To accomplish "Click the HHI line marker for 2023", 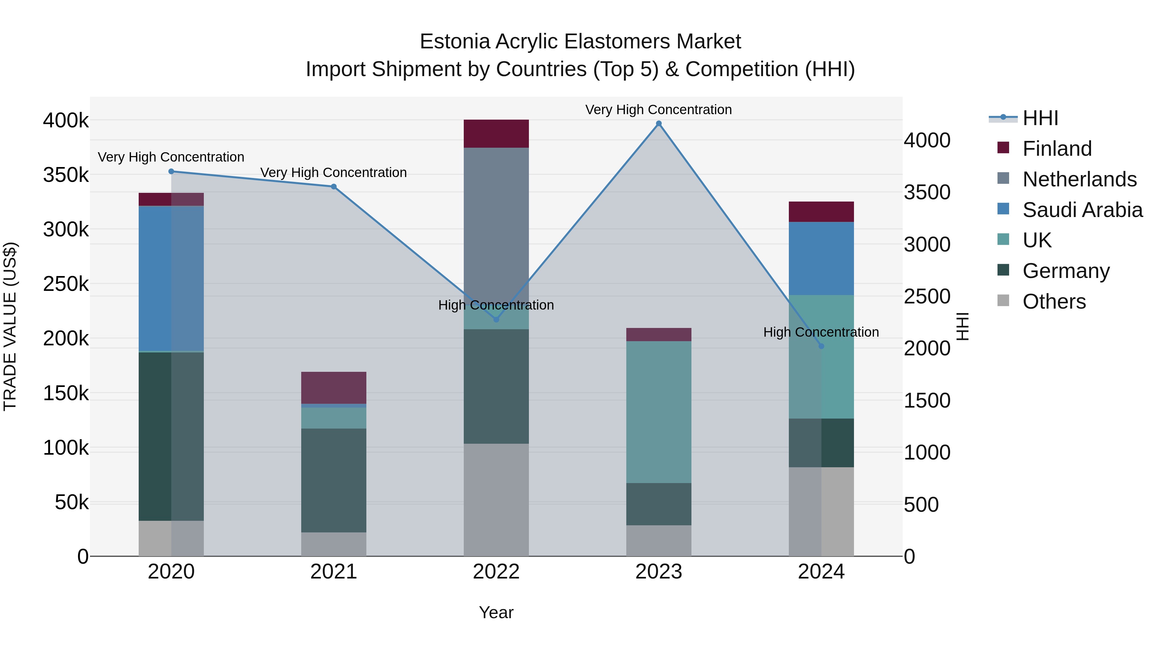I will pos(659,124).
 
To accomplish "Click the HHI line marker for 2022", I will pos(496,320).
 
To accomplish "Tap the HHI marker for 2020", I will pos(171,172).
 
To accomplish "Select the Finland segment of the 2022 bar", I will pos(496,134).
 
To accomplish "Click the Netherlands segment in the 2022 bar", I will pos(496,216).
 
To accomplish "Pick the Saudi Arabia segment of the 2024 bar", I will pos(821,258).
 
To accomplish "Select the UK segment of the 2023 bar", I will pos(659,412).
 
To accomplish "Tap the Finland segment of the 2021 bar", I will pos(333,388).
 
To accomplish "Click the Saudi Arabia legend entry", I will pos(1082,210).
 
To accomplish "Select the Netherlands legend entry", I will pos(1079,179).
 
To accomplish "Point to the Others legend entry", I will pos(1054,302).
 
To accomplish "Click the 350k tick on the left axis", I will pos(66,175).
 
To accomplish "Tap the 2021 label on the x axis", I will pos(333,572).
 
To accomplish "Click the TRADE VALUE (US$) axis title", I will pos(10,326).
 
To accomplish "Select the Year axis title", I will pos(496,612).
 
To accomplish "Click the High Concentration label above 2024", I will pos(821,332).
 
